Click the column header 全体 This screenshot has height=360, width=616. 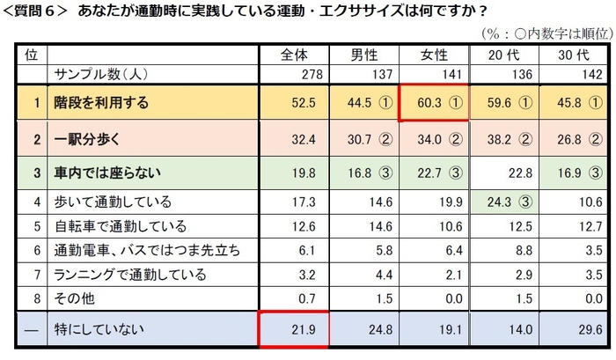[x=293, y=55]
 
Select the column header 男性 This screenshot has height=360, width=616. [x=364, y=55]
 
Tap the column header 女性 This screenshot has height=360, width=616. [x=433, y=55]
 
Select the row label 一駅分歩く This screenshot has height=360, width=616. [x=84, y=139]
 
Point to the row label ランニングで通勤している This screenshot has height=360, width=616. [x=124, y=275]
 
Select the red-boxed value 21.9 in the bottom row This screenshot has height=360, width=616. [x=293, y=330]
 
